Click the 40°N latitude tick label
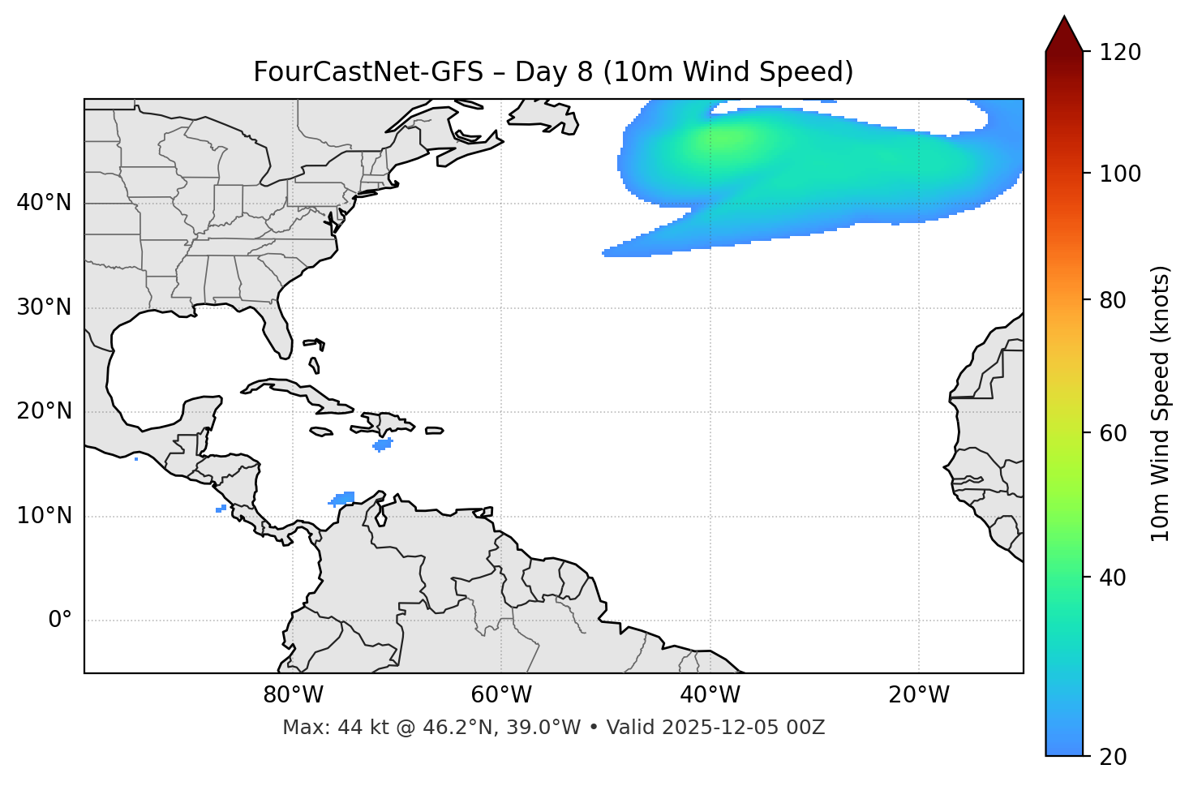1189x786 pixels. (44, 203)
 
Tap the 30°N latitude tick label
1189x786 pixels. (44, 307)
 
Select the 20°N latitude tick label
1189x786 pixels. (44, 411)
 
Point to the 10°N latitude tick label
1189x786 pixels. (44, 516)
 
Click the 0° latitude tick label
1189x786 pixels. (60, 621)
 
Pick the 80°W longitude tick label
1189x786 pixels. (293, 695)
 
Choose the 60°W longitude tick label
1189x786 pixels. (501, 695)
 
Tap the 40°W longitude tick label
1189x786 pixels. (710, 695)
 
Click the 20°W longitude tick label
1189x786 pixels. (919, 695)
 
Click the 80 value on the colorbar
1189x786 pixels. (1112, 300)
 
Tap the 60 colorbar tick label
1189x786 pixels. (1112, 433)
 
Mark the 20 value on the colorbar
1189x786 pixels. (1112, 757)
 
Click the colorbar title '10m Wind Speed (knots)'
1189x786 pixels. (1161, 403)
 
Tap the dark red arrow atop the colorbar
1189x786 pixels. (1064, 34)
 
